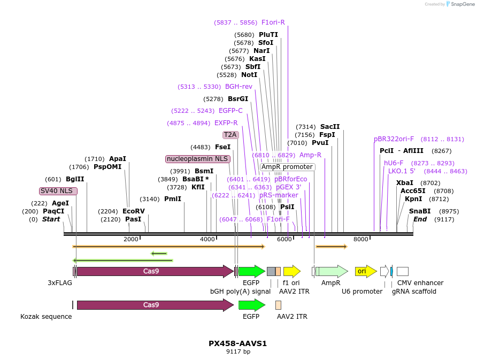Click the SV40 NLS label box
coord(58,191)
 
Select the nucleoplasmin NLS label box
coord(198,159)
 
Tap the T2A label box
coord(230,135)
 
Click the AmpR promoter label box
coord(288,167)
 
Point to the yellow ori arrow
coord(366,271)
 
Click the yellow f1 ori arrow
coord(292,271)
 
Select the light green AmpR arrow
coord(332,271)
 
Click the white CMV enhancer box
coord(403,271)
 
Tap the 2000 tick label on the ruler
coord(131,239)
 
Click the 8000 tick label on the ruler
coord(361,239)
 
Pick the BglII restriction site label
coord(75,179)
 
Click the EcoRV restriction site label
coord(134,211)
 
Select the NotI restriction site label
coord(249,75)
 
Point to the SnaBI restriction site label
coord(420,211)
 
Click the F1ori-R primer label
coord(273,22)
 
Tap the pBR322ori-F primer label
coord(394,139)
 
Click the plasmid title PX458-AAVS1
coord(237,343)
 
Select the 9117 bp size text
coord(238,352)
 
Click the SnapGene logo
coord(460,4)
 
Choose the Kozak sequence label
coord(46,317)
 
